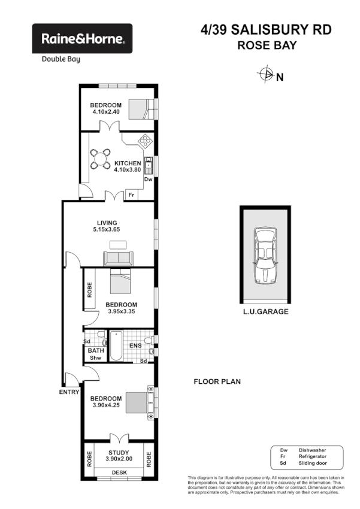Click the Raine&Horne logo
[82, 39]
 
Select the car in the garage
[264, 255]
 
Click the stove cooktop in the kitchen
[145, 141]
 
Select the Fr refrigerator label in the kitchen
[131, 195]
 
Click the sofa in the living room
[119, 258]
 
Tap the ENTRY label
[69, 392]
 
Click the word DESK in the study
[120, 472]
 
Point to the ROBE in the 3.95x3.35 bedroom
[89, 290]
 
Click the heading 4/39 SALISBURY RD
[266, 30]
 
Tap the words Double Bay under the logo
[60, 59]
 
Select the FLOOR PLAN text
[217, 381]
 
